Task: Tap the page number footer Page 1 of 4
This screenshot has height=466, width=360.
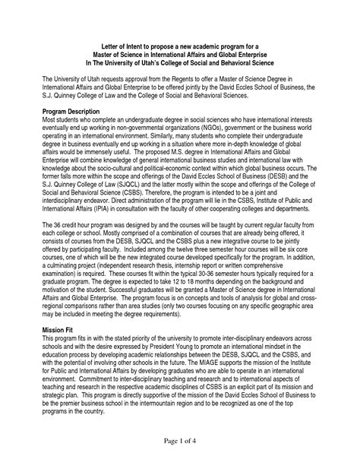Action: [x=179, y=439]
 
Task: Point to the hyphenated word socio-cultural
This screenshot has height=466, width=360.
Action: [x=128, y=166]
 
